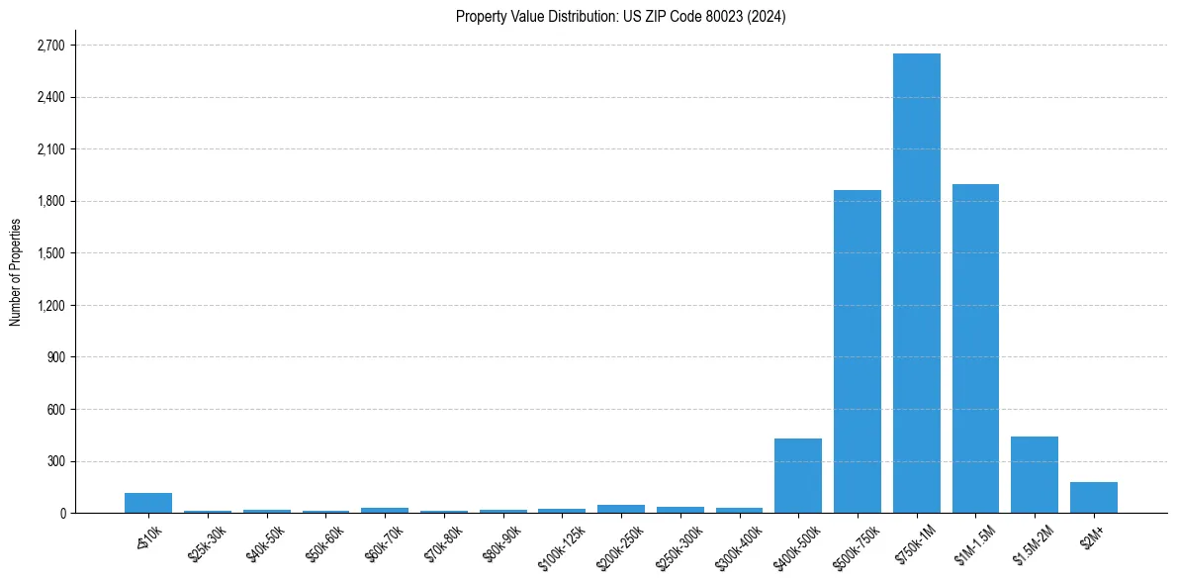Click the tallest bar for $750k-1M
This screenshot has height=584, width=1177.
tap(916, 283)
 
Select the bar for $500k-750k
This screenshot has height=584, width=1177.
tap(857, 351)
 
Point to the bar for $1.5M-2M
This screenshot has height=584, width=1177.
tap(1034, 475)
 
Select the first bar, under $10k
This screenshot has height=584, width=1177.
tap(148, 503)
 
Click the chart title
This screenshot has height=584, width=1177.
tap(620, 17)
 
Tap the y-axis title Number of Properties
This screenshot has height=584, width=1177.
tap(15, 271)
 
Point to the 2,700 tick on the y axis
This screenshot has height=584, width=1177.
tap(49, 46)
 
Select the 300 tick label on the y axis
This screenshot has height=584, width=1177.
tap(55, 461)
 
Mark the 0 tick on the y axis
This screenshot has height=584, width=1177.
tap(61, 514)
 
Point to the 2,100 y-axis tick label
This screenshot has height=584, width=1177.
tap(49, 149)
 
